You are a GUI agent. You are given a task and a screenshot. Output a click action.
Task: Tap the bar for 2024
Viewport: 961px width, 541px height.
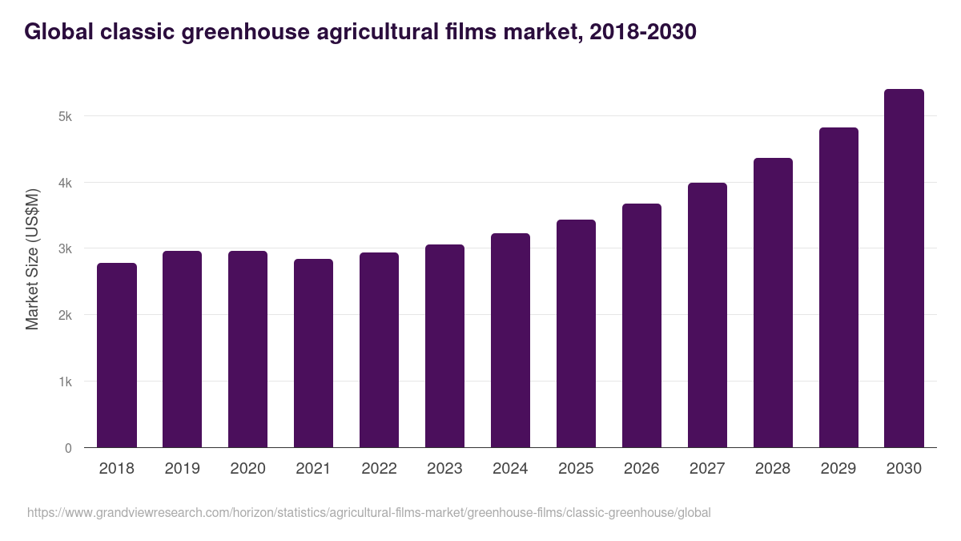(x=510, y=340)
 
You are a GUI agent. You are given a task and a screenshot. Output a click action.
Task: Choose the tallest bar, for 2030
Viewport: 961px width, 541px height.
(x=904, y=268)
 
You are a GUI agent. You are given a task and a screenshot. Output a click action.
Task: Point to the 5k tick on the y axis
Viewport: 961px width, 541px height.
(x=65, y=116)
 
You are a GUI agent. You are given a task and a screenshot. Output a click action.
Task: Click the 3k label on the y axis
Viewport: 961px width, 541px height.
(x=65, y=249)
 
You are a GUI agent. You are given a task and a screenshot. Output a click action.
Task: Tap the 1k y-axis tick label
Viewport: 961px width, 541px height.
(x=65, y=382)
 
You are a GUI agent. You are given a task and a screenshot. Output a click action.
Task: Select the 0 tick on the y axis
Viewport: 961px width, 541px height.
(x=68, y=448)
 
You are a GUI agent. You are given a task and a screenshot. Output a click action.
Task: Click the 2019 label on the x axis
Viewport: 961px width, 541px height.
(x=182, y=469)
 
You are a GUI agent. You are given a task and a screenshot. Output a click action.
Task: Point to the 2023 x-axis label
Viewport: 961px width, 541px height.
(x=444, y=469)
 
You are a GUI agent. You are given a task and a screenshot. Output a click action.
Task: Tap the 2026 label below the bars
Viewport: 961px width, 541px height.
(x=641, y=469)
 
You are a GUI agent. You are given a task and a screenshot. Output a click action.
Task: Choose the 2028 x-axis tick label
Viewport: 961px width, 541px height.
(x=773, y=469)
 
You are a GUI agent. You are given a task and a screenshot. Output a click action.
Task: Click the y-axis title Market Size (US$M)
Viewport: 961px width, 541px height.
(x=32, y=259)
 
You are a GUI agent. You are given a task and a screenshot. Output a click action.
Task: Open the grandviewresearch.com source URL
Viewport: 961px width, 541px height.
(x=368, y=512)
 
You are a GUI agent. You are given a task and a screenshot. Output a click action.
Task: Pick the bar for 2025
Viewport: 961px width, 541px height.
(x=576, y=333)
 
